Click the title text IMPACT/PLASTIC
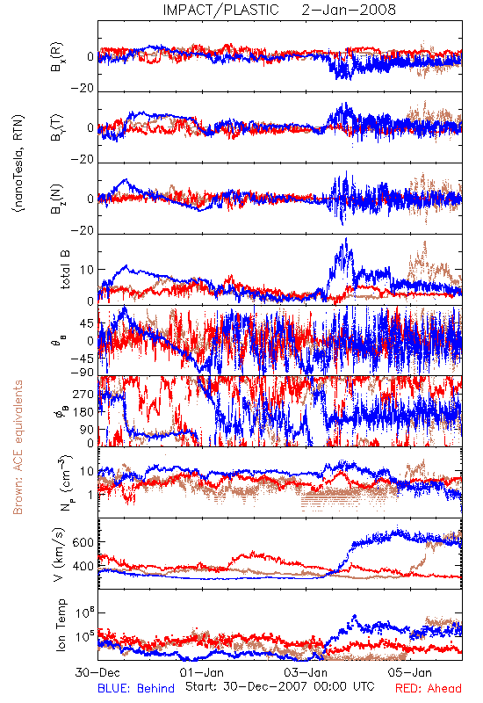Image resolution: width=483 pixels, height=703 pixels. click(221, 10)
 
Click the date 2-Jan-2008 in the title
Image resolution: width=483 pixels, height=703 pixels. click(349, 10)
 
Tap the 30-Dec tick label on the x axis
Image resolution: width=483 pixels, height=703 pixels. click(97, 672)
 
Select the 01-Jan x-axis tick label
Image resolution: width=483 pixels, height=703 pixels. click(202, 672)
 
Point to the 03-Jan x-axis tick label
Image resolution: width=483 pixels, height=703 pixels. click(306, 672)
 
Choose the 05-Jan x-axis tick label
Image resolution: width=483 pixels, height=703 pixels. click(410, 672)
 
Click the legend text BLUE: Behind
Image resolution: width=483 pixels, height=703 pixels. click(136, 688)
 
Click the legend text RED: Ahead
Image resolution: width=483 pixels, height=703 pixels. click(428, 688)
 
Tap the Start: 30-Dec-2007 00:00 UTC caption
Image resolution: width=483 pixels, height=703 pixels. click(280, 686)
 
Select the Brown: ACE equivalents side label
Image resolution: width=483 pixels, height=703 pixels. click(18, 447)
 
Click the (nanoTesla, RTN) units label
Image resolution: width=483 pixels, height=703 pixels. click(18, 163)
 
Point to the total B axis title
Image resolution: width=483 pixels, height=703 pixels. click(65, 270)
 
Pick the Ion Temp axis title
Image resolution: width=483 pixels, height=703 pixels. click(61, 625)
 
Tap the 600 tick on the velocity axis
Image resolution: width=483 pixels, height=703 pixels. click(83, 542)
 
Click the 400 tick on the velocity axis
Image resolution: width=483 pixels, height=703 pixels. click(83, 566)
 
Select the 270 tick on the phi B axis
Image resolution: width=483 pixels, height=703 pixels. click(83, 394)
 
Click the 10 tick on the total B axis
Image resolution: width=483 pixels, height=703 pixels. click(87, 270)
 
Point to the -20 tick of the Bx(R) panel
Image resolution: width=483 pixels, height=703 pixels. click(82, 89)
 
